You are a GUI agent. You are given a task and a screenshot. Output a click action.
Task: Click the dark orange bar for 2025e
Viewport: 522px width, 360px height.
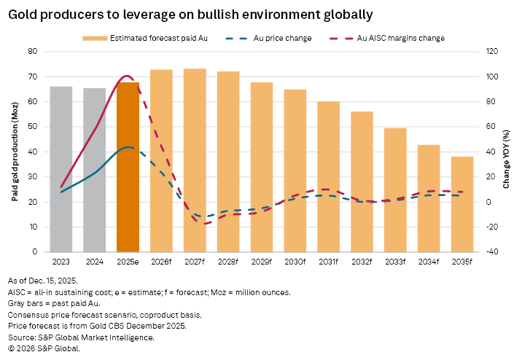pos(128,167)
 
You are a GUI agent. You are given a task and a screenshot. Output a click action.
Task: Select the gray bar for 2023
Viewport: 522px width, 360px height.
pos(61,169)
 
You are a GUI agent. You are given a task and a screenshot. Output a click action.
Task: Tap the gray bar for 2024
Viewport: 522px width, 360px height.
pos(94,170)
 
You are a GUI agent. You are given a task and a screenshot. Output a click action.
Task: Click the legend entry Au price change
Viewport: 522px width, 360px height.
pos(284,38)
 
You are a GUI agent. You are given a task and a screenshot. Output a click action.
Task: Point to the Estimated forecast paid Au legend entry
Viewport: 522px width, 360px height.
pos(149,38)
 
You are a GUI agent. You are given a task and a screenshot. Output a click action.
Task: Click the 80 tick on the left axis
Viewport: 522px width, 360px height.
pos(33,52)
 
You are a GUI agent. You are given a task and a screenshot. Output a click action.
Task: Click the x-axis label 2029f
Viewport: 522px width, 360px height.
pos(262,262)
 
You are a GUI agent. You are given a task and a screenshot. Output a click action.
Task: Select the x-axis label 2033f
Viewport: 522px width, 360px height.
pos(395,262)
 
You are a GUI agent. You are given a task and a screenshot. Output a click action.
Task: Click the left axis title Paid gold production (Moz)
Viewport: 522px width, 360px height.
pos(15,152)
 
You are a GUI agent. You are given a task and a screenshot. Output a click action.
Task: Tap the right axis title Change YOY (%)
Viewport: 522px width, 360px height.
pos(507,152)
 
